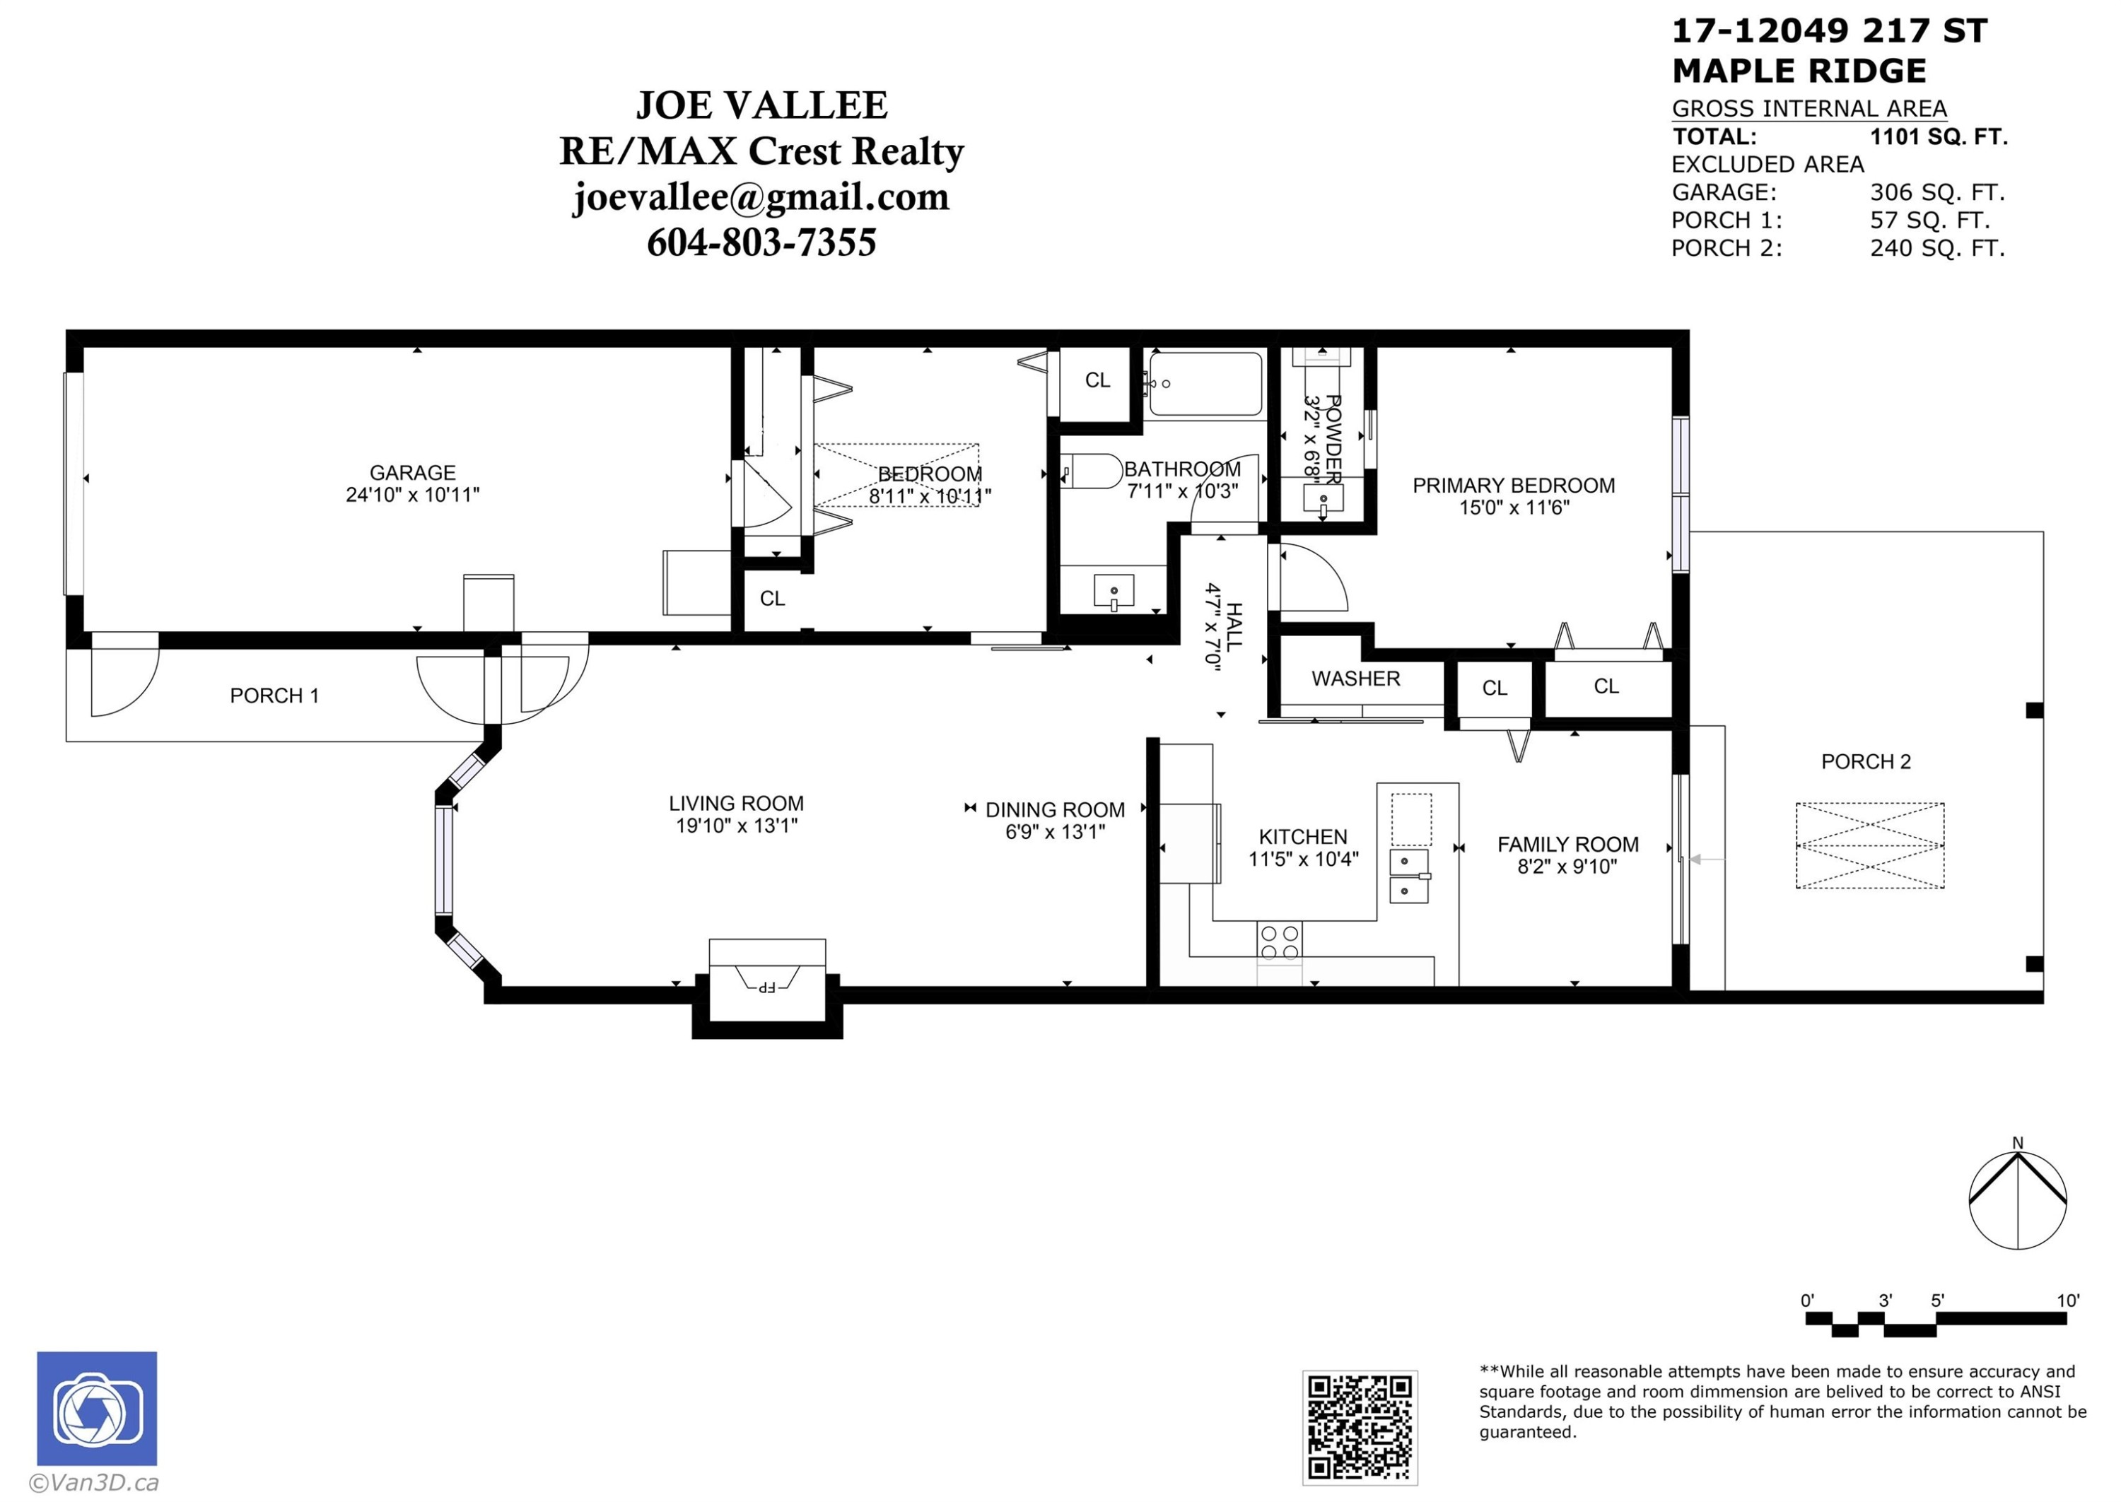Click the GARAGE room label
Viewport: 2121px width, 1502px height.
pyautogui.click(x=413, y=473)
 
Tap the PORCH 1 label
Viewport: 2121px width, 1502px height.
pyautogui.click(x=275, y=696)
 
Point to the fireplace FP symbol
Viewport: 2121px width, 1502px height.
pyautogui.click(x=767, y=986)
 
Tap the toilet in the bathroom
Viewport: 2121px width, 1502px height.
pyautogui.click(x=1092, y=471)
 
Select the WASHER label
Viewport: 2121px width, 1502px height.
pyautogui.click(x=1356, y=679)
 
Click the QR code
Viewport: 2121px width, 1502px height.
pyautogui.click(x=1360, y=1427)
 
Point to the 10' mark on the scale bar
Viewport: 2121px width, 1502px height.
pyautogui.click(x=2068, y=1301)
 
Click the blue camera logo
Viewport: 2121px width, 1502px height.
pyautogui.click(x=97, y=1408)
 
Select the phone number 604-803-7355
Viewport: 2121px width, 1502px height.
pyautogui.click(x=761, y=242)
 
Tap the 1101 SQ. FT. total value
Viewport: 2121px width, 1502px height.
pyautogui.click(x=1939, y=137)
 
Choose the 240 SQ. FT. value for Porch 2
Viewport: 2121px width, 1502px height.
pyautogui.click(x=1938, y=248)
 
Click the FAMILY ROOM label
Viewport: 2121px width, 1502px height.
pyautogui.click(x=1568, y=845)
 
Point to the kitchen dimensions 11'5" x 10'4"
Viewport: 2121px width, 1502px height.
pyautogui.click(x=1303, y=859)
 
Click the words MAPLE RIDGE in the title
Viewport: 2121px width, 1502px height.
pyautogui.click(x=1799, y=70)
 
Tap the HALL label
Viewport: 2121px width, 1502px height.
pyautogui.click(x=1234, y=626)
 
